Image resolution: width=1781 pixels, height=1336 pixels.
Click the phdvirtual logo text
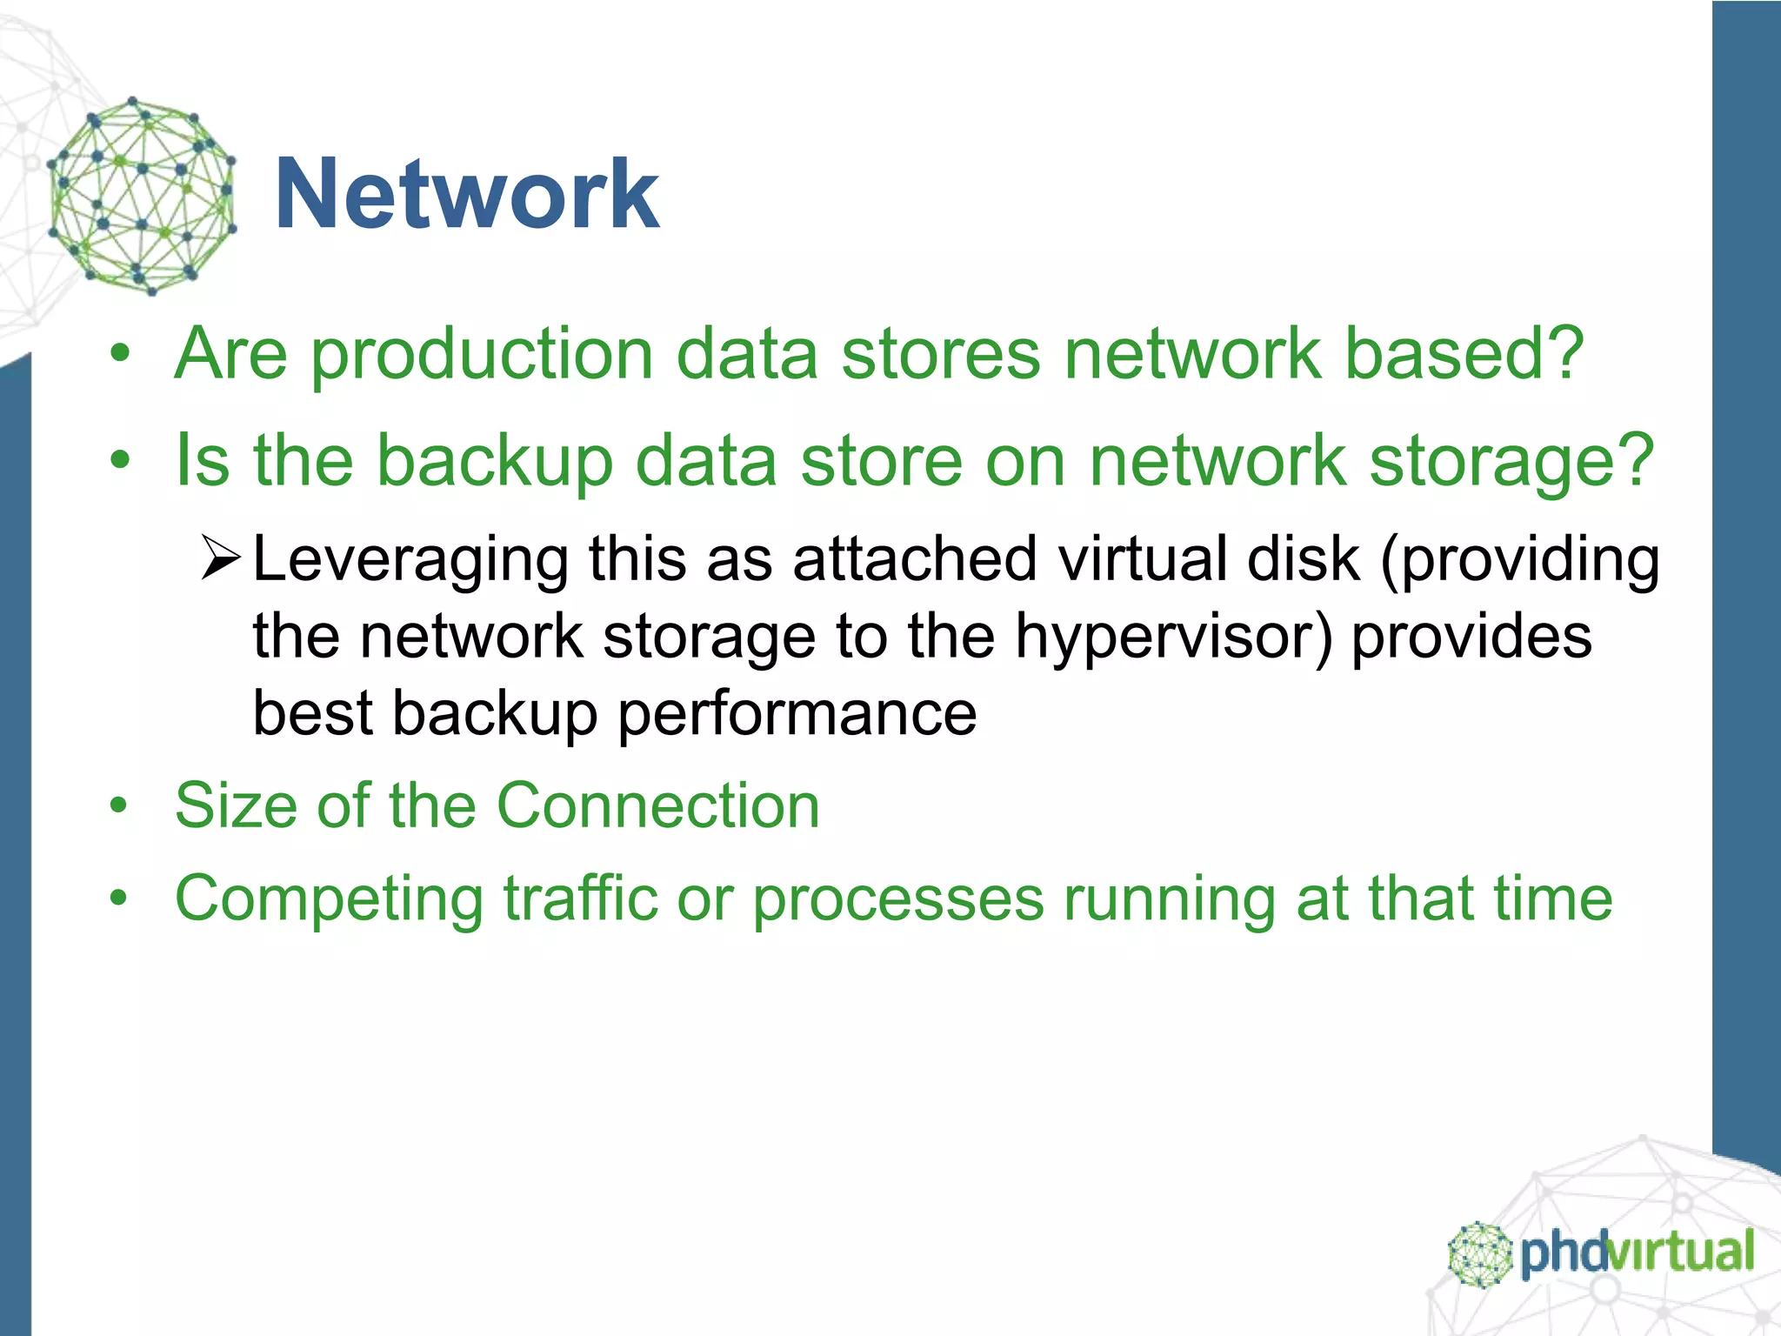click(x=1637, y=1253)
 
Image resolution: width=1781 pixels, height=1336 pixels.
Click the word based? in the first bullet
click(x=1464, y=355)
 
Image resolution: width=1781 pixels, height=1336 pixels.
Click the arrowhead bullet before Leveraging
click(x=220, y=559)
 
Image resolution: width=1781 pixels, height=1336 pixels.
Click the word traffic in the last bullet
click(x=580, y=898)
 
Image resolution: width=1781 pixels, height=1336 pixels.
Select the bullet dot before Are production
click(x=119, y=355)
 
